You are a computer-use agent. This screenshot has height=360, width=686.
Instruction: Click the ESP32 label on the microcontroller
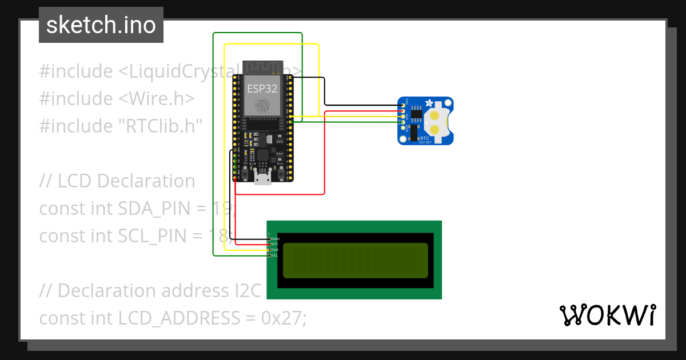click(262, 89)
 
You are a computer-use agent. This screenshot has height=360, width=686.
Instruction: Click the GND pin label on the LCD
click(276, 238)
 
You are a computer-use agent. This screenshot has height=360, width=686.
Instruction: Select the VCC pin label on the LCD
click(275, 244)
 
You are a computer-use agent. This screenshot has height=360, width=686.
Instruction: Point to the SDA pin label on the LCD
click(275, 250)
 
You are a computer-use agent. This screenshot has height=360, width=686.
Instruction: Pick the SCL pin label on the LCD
click(275, 255)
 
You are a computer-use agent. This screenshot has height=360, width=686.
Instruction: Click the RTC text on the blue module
click(425, 138)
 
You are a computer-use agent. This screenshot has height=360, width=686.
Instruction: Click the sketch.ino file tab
click(101, 25)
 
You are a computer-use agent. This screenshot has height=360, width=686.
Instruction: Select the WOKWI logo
click(607, 315)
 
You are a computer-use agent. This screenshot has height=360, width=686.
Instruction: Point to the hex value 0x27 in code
click(284, 318)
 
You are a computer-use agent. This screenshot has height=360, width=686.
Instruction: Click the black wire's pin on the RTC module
click(404, 106)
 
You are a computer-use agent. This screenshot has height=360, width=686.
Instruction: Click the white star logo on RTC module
click(429, 103)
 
